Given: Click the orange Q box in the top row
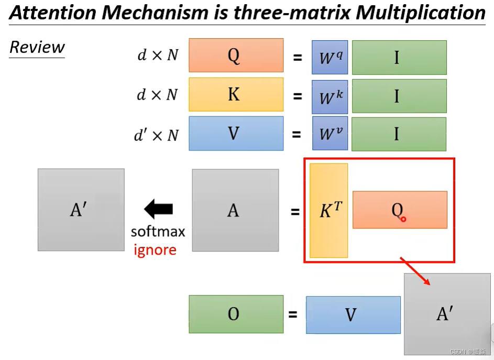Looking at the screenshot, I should tap(236, 55).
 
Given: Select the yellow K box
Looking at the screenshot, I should tap(236, 95).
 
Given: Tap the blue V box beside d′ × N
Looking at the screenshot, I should tap(236, 134).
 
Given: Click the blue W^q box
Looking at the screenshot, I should tap(330, 57).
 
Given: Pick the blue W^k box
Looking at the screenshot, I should tap(330, 96).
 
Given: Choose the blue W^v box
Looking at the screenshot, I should tap(330, 134).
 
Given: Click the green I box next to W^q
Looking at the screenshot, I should tap(399, 57).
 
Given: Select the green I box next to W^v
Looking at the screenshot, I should tap(399, 134).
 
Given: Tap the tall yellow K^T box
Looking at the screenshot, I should tap(329, 211).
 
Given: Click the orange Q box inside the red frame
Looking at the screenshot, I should tap(400, 210).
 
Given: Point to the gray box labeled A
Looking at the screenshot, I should tap(235, 210).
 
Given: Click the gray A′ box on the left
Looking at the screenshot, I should tap(81, 210).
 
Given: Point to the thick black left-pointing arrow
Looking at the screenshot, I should tap(158, 210).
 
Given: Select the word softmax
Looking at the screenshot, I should tap(158, 232).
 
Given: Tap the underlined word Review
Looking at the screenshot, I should tap(37, 48).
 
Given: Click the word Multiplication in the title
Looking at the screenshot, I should tap(420, 13).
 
